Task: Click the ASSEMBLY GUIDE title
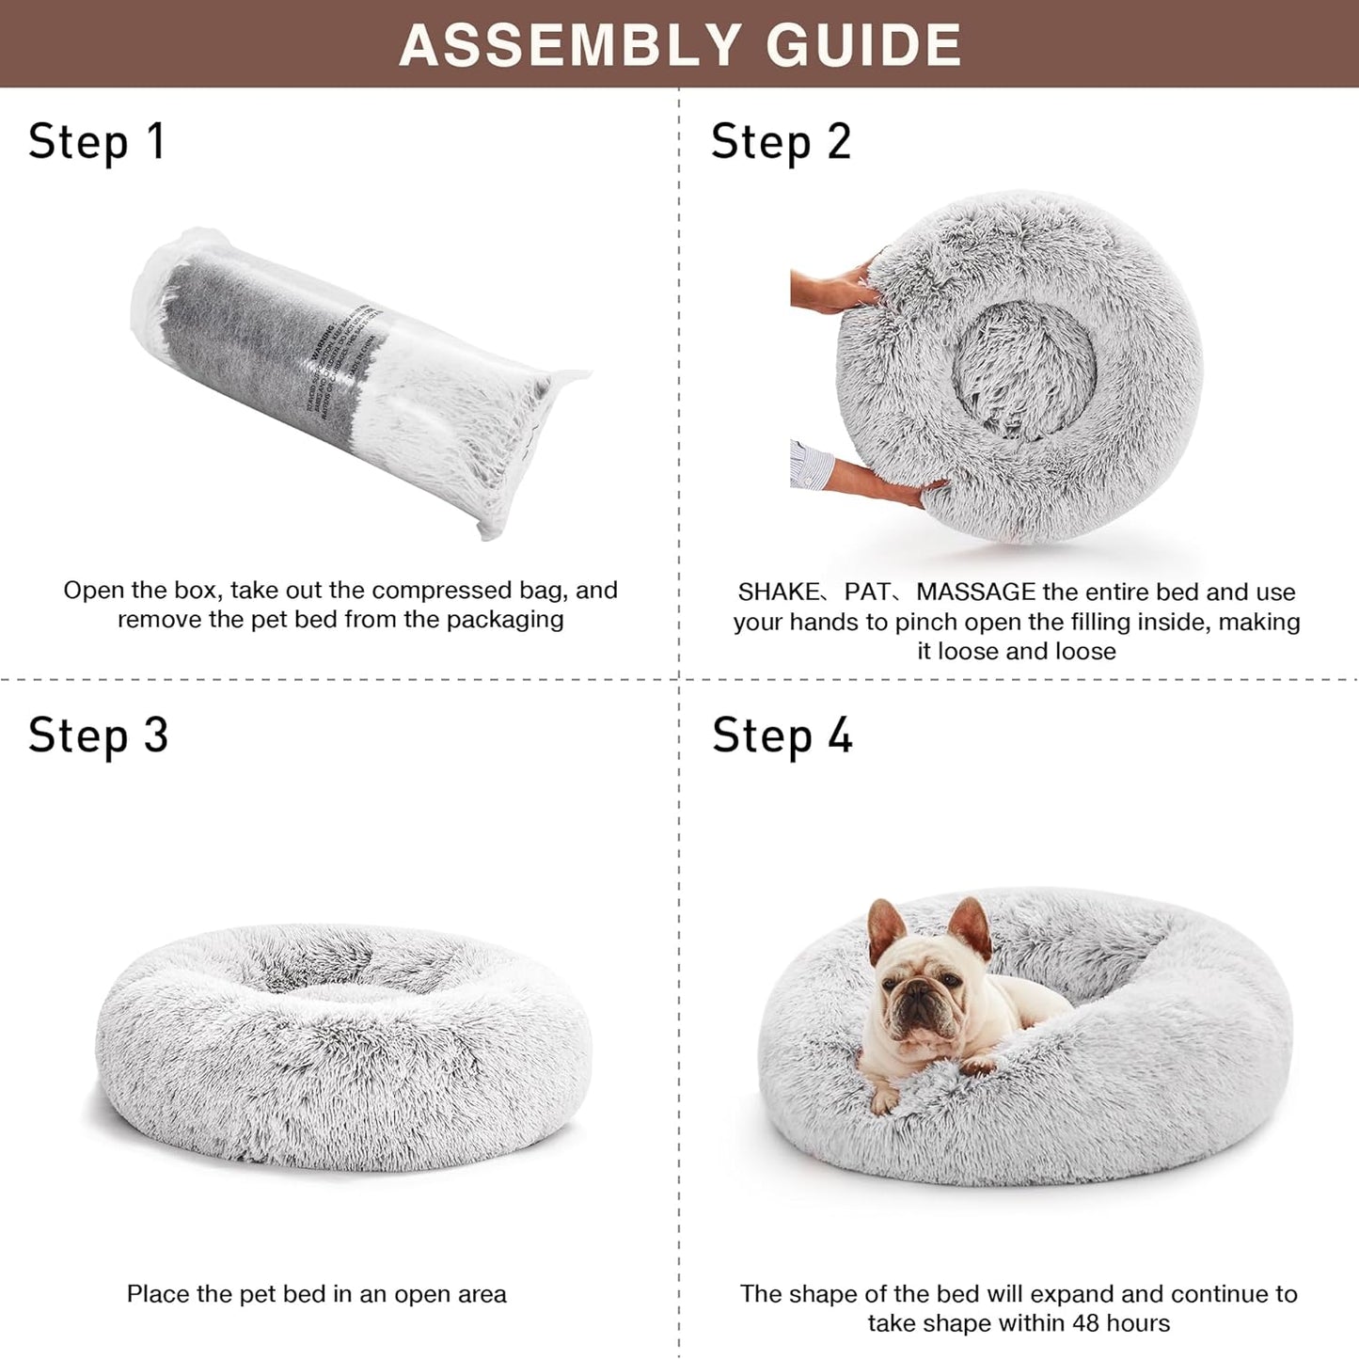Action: click(x=680, y=44)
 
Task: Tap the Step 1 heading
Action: click(x=96, y=143)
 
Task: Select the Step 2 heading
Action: click(x=781, y=143)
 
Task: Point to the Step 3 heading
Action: click(x=98, y=735)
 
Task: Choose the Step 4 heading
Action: click(x=782, y=735)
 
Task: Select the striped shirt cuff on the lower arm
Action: click(x=811, y=465)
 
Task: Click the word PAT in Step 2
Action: click(x=866, y=593)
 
